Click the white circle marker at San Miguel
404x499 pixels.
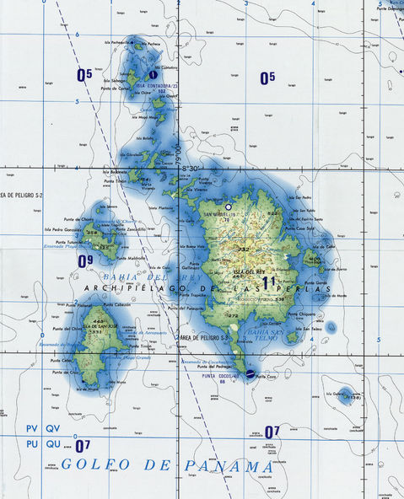coord(228,206)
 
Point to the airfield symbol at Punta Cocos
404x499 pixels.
coord(251,373)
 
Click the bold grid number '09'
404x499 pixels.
coord(85,262)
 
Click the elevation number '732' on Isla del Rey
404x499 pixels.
coord(243,249)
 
